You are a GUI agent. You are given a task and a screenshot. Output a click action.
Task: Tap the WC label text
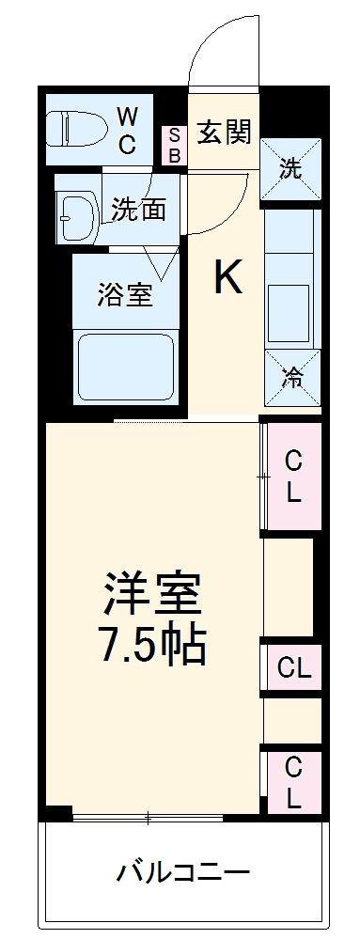point(128,131)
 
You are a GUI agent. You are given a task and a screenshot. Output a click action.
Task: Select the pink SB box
point(174,146)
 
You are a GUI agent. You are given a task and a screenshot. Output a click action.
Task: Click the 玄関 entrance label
point(224,133)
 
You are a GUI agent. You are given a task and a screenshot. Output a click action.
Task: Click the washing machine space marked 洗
point(290,169)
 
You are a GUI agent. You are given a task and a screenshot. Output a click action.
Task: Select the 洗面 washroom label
point(138,209)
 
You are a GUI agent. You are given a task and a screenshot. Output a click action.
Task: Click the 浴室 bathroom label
point(125,293)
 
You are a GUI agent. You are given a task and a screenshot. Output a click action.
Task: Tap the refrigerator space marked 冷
point(292,378)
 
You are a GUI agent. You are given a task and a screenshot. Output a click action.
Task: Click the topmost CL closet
point(293,476)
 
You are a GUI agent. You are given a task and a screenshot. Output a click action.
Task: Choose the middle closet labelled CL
point(293,669)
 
